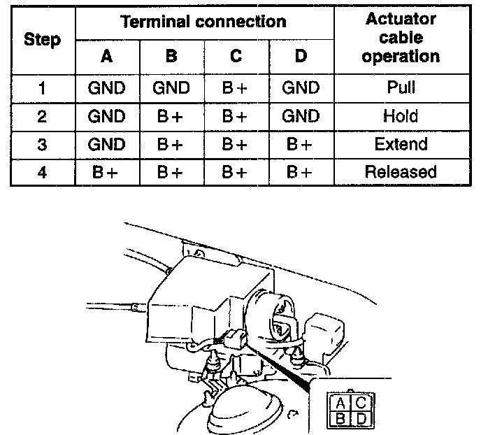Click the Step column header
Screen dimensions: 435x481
(42, 39)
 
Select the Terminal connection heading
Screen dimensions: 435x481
(203, 21)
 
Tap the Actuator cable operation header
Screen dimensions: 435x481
(401, 38)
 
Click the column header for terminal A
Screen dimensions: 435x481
(106, 56)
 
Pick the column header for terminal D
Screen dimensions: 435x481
(301, 56)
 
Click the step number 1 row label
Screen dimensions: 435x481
(42, 88)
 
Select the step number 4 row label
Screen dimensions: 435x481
(42, 172)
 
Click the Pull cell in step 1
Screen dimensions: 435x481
(401, 88)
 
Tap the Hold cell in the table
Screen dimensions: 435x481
(401, 116)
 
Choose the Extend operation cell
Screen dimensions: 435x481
(401, 144)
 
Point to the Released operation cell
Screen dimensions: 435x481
(401, 172)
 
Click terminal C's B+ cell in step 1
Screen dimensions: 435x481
(236, 88)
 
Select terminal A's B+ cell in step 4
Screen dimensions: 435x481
(106, 172)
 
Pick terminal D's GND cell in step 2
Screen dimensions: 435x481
(301, 116)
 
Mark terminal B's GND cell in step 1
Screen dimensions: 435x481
(171, 88)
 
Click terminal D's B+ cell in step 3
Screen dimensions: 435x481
(301, 144)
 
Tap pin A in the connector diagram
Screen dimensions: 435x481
(340, 403)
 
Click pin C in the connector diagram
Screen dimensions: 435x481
(361, 403)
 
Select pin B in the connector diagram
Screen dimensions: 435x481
(340, 419)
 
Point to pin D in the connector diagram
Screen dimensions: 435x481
(361, 419)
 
